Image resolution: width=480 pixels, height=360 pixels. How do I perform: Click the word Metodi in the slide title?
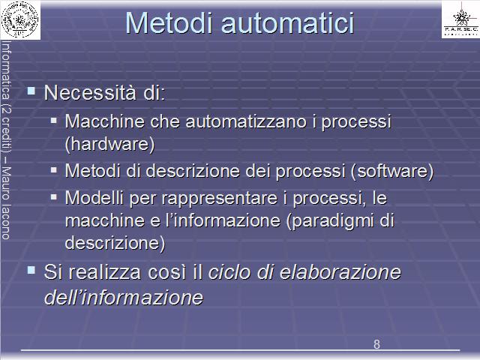[x=169, y=23]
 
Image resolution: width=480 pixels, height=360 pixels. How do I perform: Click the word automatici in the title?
[x=287, y=23]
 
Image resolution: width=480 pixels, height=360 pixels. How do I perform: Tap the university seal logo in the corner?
[x=20, y=20]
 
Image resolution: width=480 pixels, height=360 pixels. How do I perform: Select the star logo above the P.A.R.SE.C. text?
[x=461, y=17]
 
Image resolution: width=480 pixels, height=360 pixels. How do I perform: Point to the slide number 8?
[x=376, y=344]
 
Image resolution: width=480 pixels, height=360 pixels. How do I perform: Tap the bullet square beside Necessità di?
[x=31, y=91]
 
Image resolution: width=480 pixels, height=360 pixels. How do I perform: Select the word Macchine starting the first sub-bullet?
[x=105, y=121]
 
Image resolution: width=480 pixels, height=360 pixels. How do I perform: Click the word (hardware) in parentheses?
[x=110, y=144]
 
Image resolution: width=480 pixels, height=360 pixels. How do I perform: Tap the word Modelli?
[x=94, y=198]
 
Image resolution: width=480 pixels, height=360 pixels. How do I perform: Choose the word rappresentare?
[x=220, y=198]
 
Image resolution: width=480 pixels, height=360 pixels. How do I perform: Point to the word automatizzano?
[x=246, y=121]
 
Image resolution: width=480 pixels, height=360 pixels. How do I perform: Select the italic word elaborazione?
[x=340, y=272]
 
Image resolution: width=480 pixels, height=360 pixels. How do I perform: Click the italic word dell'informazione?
[x=124, y=297]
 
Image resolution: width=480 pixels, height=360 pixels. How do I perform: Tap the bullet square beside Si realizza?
[x=31, y=270]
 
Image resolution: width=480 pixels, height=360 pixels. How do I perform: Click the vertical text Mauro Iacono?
[x=6, y=203]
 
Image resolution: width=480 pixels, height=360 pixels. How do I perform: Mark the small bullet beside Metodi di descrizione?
[x=54, y=170]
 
